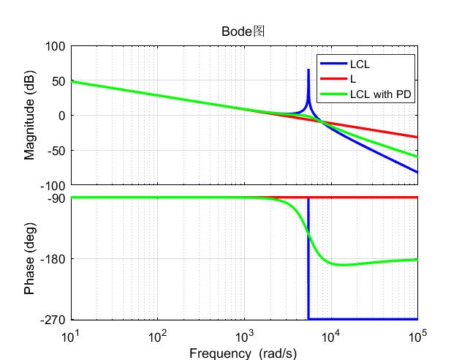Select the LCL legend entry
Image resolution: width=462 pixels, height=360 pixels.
[x=360, y=64]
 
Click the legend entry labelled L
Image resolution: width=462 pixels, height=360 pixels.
[x=353, y=78]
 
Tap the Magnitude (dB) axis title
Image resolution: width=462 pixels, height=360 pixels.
[x=30, y=116]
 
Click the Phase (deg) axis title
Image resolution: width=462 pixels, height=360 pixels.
[x=30, y=258]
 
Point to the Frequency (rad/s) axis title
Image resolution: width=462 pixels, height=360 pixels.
[x=243, y=353]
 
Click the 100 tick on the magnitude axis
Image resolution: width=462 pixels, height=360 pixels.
[x=56, y=46]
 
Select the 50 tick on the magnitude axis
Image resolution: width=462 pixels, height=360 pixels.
[x=58, y=81]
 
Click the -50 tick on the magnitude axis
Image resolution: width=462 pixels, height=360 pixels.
[x=57, y=151]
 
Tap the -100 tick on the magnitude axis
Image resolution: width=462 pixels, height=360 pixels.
[x=54, y=186]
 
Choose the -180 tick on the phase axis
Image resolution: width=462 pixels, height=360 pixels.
[x=54, y=259]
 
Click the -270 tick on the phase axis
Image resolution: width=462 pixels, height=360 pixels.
[x=54, y=320]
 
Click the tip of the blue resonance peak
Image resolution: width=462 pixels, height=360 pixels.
[x=308, y=70]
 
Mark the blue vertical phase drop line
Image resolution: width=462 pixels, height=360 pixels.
[x=308, y=263]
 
